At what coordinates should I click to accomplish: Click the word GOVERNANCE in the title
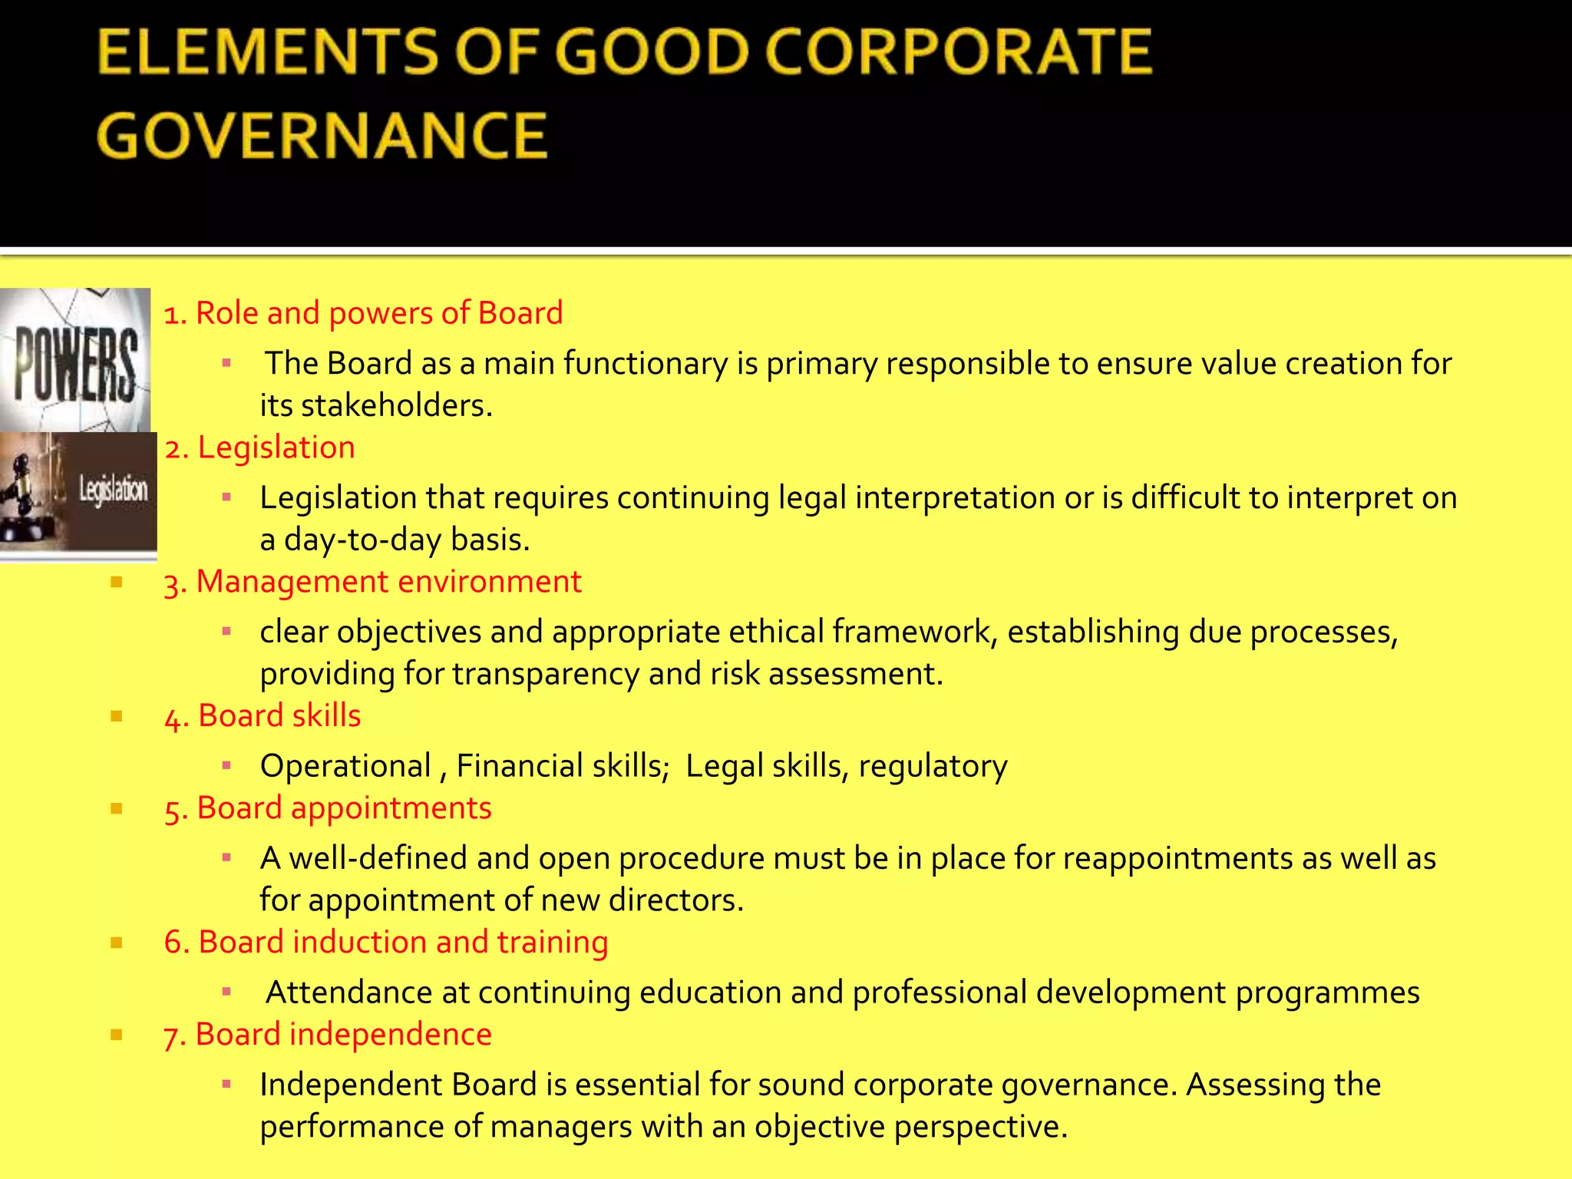[x=322, y=136]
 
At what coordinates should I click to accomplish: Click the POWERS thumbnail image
[x=75, y=359]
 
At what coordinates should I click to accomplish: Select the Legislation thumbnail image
[x=78, y=491]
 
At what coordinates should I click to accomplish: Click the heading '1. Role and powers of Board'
[x=363, y=313]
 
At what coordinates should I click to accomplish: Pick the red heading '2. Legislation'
[x=259, y=447]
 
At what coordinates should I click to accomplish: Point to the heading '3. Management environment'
[x=372, y=582]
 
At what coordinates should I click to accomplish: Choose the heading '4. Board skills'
[x=262, y=716]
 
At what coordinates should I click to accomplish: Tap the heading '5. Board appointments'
[x=328, y=808]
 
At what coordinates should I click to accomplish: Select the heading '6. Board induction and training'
[x=385, y=943]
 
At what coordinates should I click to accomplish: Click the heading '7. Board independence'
[x=328, y=1035]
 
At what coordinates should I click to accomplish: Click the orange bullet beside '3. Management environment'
[x=117, y=582]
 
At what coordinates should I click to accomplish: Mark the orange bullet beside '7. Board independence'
[x=117, y=1035]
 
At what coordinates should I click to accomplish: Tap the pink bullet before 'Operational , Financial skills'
[x=226, y=765]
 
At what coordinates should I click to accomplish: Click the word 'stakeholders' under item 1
[x=396, y=405]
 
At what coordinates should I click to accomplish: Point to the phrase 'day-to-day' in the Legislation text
[x=362, y=540]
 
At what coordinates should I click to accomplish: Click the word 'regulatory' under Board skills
[x=933, y=766]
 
